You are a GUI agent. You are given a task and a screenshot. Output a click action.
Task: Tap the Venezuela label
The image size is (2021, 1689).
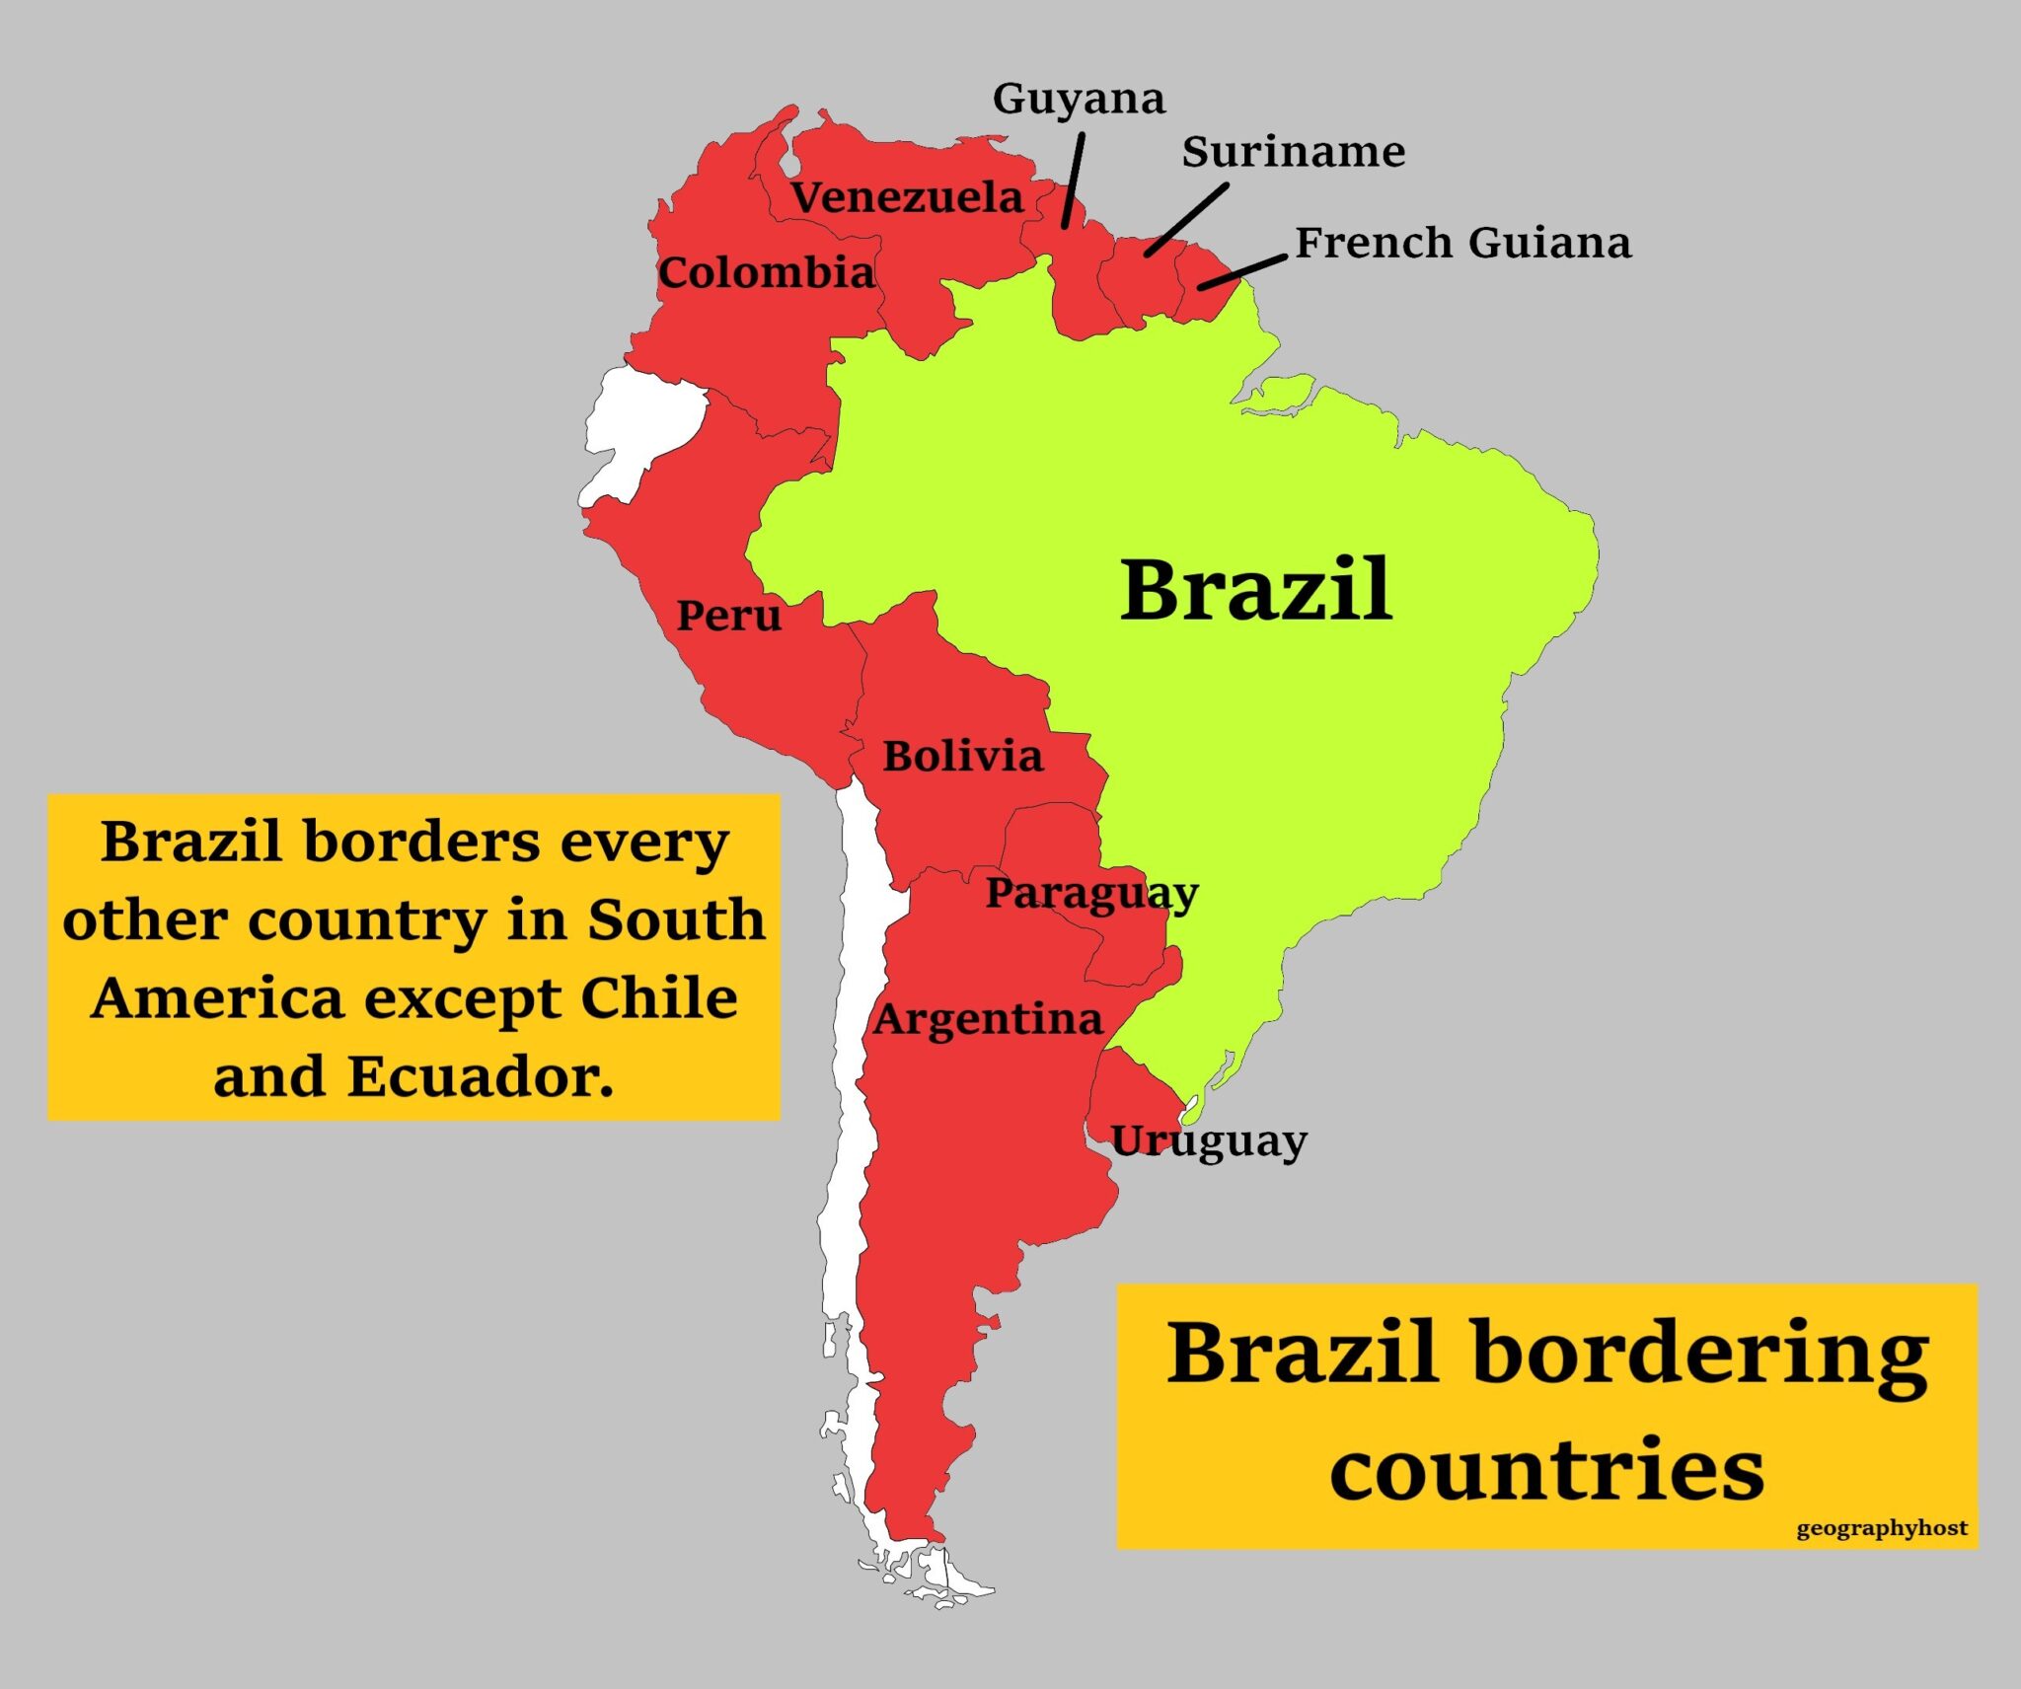(907, 197)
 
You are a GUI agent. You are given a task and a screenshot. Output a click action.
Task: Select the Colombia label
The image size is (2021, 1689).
(766, 272)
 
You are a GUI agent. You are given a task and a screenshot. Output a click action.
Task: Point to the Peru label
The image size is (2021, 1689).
(728, 616)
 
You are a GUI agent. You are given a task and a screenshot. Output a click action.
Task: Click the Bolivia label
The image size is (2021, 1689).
(962, 757)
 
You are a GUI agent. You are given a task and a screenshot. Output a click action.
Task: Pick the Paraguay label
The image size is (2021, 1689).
(1091, 894)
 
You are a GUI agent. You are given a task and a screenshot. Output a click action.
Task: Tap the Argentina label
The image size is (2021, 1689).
(988, 1019)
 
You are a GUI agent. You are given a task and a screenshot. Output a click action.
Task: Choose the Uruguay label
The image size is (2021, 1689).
(1209, 1141)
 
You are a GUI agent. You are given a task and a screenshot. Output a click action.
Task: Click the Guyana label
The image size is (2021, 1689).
(1079, 99)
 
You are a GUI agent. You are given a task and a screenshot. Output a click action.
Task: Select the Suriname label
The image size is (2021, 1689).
(1294, 152)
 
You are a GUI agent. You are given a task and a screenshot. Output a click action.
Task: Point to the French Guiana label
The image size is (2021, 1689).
(1463, 243)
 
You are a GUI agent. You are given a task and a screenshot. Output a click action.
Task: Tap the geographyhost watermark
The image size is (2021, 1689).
(1882, 1528)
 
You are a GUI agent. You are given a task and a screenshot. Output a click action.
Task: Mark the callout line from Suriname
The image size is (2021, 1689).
(1186, 220)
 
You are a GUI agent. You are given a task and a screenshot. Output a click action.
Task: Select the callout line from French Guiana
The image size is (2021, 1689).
(1242, 271)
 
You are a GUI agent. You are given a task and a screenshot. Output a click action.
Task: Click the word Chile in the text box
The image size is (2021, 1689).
(658, 997)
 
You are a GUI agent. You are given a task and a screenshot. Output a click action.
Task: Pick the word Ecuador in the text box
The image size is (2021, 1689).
(481, 1075)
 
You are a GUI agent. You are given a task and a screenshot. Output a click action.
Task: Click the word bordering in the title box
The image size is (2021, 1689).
(1699, 1354)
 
